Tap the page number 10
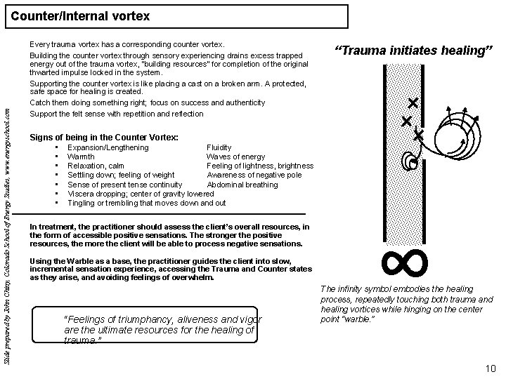click(491, 368)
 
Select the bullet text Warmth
click(81, 157)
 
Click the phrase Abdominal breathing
click(242, 185)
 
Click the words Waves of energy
click(235, 157)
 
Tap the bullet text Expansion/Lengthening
click(108, 148)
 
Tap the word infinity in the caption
click(353, 289)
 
